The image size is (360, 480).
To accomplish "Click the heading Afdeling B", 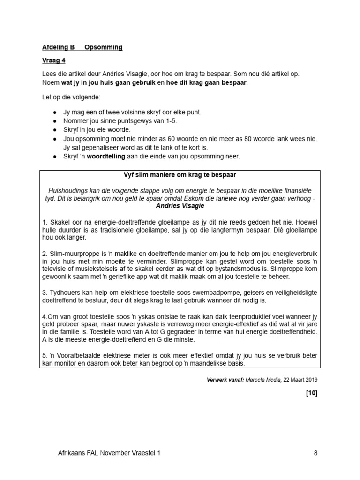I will pyautogui.click(x=59, y=47).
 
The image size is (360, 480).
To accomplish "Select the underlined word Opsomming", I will pyautogui.click(x=103, y=47).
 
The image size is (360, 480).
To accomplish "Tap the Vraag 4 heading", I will pyautogui.click(x=54, y=60).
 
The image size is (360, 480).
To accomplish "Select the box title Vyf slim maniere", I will pyautogui.click(x=180, y=175).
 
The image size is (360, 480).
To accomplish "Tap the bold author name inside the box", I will pyautogui.click(x=180, y=206).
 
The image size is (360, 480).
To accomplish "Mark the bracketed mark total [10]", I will pyautogui.click(x=312, y=393).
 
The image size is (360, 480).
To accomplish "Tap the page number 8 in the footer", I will pyautogui.click(x=315, y=453).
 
